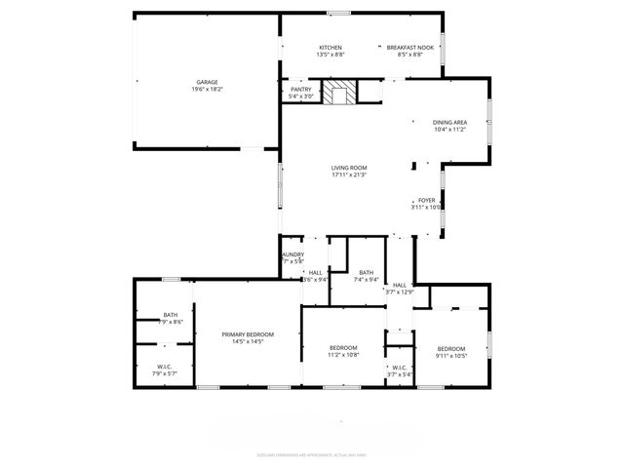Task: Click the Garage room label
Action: [x=207, y=82]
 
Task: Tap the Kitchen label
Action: [x=331, y=48]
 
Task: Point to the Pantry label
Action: [x=300, y=90]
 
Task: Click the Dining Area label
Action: [x=450, y=122]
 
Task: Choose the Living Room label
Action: [x=348, y=168]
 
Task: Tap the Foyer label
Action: [x=427, y=200]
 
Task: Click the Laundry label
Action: [x=292, y=254]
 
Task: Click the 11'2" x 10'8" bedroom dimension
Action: [x=342, y=355]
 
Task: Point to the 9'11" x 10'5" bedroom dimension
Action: [x=451, y=356]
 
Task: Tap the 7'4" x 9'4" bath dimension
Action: [x=366, y=280]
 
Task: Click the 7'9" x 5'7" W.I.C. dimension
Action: [x=165, y=373]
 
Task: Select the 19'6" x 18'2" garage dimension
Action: [x=207, y=89]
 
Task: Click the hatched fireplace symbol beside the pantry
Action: [x=339, y=94]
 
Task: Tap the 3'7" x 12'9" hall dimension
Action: [x=400, y=292]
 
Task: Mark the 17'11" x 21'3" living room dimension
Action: [x=348, y=175]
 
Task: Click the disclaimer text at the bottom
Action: [x=311, y=454]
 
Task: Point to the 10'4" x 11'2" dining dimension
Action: [x=450, y=129]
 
